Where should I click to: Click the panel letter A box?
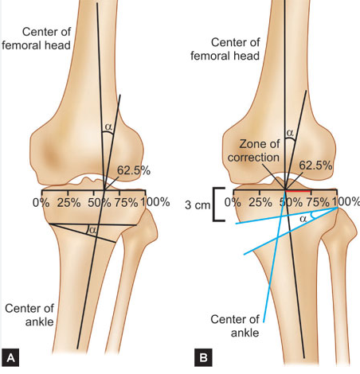(x=10, y=357)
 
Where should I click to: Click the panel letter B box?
(x=203, y=357)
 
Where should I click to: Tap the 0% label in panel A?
(x=41, y=203)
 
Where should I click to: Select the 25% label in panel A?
(x=69, y=203)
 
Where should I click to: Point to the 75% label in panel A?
(x=126, y=203)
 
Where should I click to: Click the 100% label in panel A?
(x=155, y=202)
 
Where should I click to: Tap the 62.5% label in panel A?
(x=134, y=170)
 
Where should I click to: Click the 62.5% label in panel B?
(x=315, y=166)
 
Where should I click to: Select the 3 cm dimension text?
(x=198, y=205)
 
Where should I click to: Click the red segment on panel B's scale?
(x=297, y=190)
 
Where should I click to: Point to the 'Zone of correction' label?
(x=253, y=150)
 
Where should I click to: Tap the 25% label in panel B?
(x=260, y=203)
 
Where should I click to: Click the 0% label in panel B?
(x=233, y=203)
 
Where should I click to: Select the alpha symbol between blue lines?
(x=303, y=219)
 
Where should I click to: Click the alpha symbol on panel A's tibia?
(x=92, y=230)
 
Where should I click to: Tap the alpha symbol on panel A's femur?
(x=109, y=127)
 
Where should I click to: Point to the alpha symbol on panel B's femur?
(x=290, y=132)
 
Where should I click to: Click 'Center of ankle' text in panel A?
(x=29, y=315)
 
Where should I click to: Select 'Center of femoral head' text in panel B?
(x=225, y=49)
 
